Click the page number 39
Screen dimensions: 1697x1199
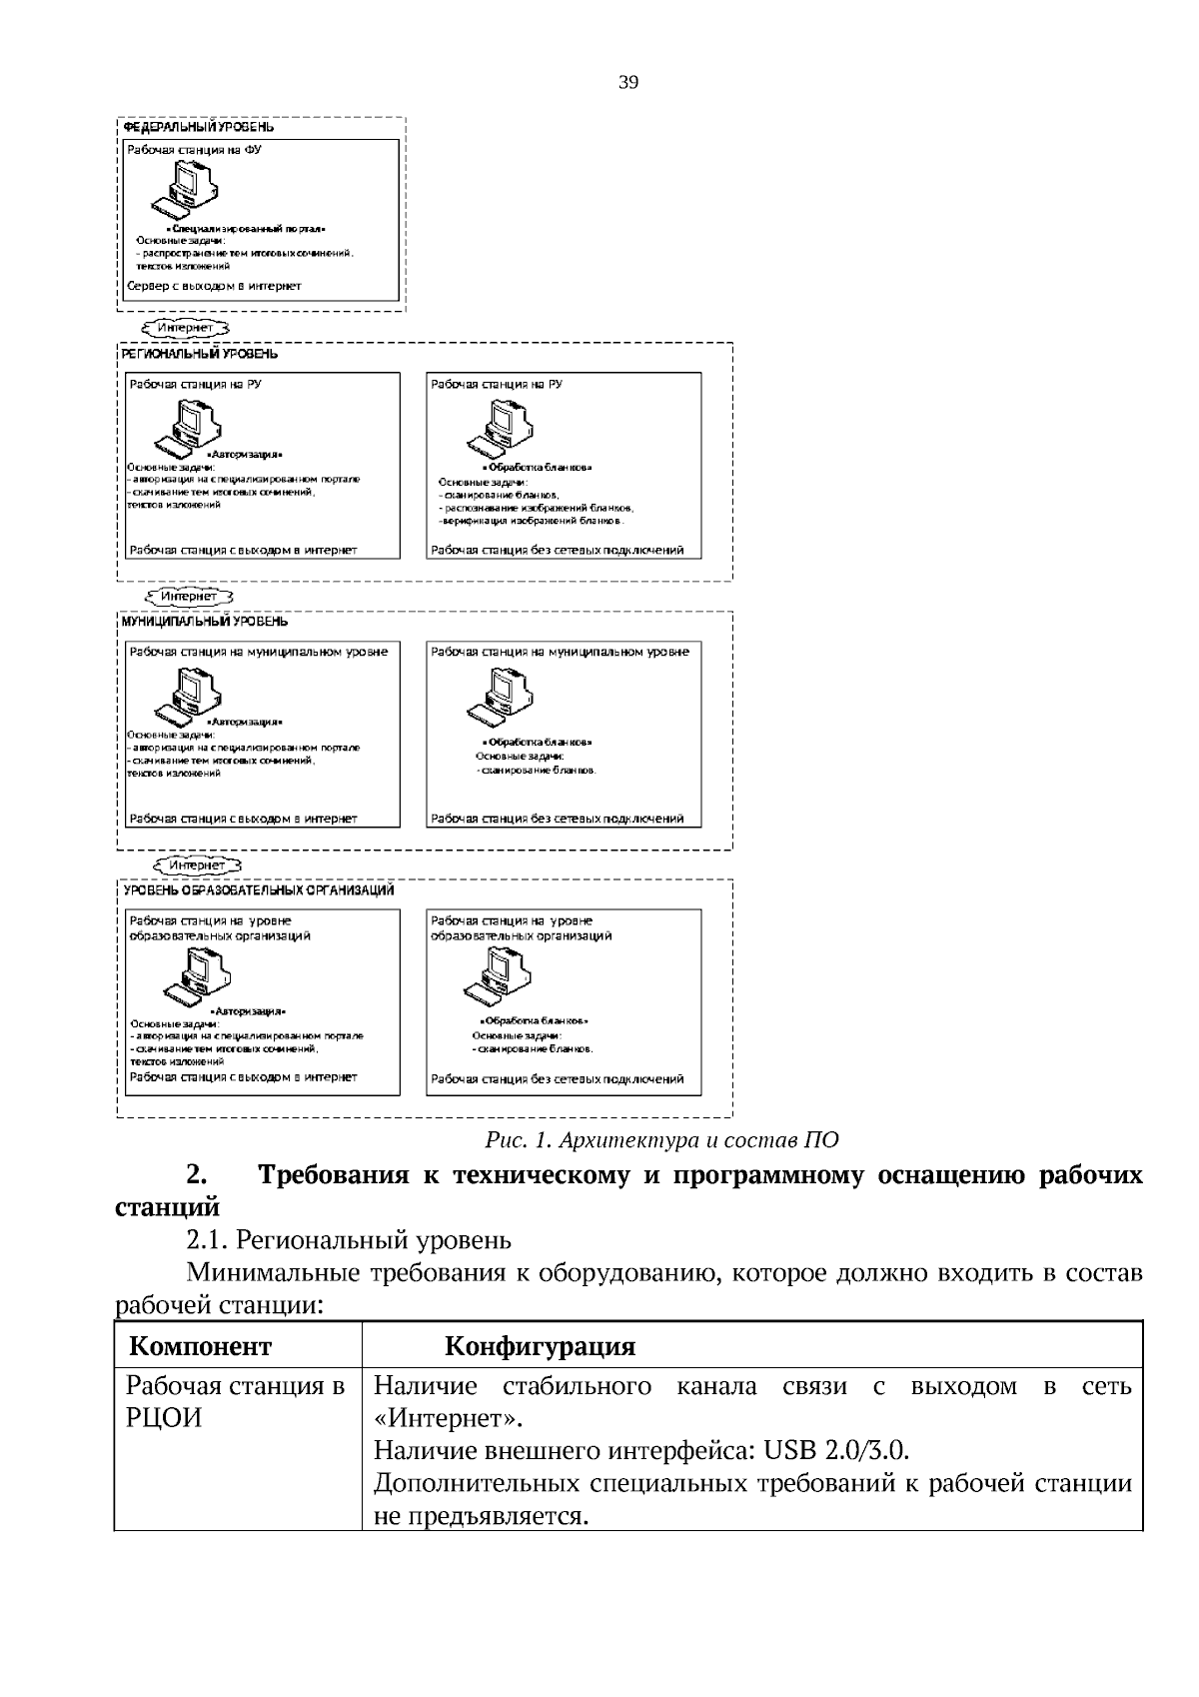[628, 83]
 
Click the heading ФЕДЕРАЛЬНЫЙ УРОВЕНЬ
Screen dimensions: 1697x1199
[198, 128]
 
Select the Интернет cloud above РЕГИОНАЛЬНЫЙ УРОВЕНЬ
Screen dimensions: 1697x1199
[186, 327]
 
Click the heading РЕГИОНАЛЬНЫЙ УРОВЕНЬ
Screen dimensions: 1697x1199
[200, 354]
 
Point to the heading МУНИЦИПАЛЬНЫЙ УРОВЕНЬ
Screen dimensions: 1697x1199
[205, 622]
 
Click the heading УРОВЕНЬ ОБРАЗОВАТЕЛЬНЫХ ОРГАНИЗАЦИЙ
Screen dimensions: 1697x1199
[258, 890]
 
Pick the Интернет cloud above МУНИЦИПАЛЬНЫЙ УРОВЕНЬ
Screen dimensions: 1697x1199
[189, 597]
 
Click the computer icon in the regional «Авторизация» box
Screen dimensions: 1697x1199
[190, 427]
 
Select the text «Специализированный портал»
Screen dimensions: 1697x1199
[246, 229]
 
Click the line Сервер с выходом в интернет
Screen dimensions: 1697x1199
[214, 286]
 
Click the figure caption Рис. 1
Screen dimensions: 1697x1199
[661, 1140]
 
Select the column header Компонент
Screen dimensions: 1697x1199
[200, 1347]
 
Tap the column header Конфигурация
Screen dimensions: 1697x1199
[540, 1347]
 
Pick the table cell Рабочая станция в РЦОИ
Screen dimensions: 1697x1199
[235, 1402]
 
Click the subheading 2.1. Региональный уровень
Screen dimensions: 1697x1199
[349, 1240]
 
